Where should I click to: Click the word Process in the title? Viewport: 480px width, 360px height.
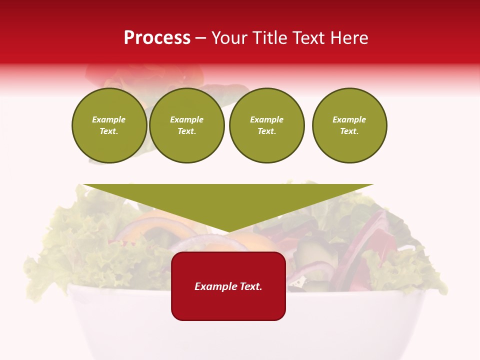[x=157, y=38]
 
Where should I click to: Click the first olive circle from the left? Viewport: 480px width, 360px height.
[x=109, y=125]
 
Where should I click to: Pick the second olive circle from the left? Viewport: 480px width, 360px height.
[x=187, y=125]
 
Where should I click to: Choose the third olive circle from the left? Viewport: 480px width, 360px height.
[x=267, y=125]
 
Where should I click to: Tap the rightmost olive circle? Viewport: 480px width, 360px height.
[x=349, y=125]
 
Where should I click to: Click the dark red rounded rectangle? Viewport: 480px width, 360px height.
[x=228, y=286]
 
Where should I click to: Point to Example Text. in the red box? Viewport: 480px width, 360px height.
[x=228, y=286]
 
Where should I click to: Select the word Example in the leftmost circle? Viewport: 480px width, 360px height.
[x=109, y=119]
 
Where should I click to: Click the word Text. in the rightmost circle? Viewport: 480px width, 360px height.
[x=349, y=131]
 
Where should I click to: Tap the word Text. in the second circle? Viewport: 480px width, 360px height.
[x=187, y=131]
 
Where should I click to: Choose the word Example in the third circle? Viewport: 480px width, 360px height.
[x=267, y=119]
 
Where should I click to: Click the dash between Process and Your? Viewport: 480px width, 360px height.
[x=201, y=38]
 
